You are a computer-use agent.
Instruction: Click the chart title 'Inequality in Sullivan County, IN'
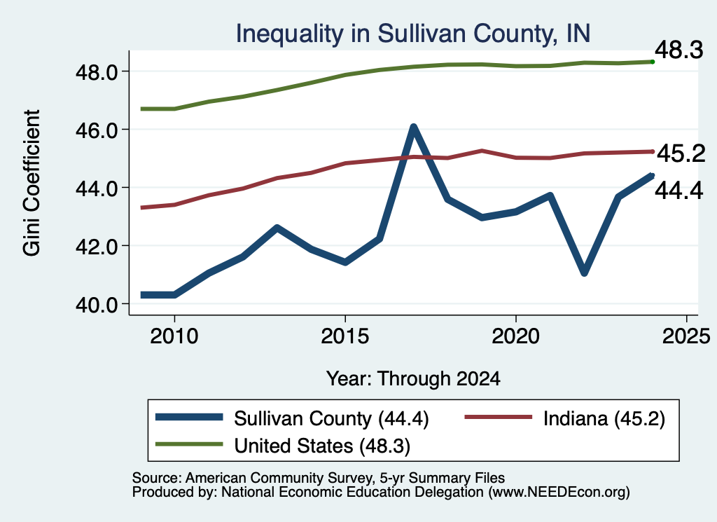click(413, 34)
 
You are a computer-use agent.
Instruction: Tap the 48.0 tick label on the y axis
click(97, 72)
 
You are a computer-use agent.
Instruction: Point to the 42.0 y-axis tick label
click(97, 247)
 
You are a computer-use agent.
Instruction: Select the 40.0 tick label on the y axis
click(97, 305)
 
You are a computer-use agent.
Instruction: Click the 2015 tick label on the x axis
click(344, 336)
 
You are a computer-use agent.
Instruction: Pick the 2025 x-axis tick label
click(686, 336)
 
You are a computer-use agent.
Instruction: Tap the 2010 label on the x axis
click(174, 336)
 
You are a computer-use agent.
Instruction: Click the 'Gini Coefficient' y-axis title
click(32, 183)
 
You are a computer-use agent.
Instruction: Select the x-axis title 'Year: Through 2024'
click(413, 379)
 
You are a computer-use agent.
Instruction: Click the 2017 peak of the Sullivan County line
click(413, 128)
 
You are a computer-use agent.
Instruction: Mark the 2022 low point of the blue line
click(584, 273)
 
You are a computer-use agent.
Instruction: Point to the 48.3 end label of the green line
click(679, 50)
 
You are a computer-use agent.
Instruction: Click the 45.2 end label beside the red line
click(681, 153)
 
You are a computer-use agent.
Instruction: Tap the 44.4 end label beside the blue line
click(679, 191)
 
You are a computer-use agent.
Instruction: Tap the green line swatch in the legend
click(189, 444)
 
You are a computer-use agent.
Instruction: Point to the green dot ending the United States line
click(653, 62)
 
